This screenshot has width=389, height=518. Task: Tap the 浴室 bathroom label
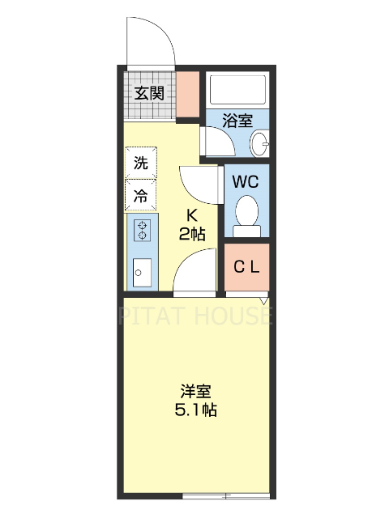point(237,121)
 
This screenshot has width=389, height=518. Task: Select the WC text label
point(246,181)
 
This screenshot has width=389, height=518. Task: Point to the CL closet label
point(246,268)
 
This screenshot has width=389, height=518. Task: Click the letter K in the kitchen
point(192,215)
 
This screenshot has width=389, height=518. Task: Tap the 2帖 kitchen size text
point(192,234)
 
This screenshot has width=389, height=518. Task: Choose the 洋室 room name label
point(196,390)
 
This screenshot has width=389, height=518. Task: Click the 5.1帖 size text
point(196,410)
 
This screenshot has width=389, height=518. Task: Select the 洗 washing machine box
point(141,162)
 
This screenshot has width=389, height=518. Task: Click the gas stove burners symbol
point(143,230)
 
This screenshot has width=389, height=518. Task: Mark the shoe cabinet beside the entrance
point(188,96)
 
